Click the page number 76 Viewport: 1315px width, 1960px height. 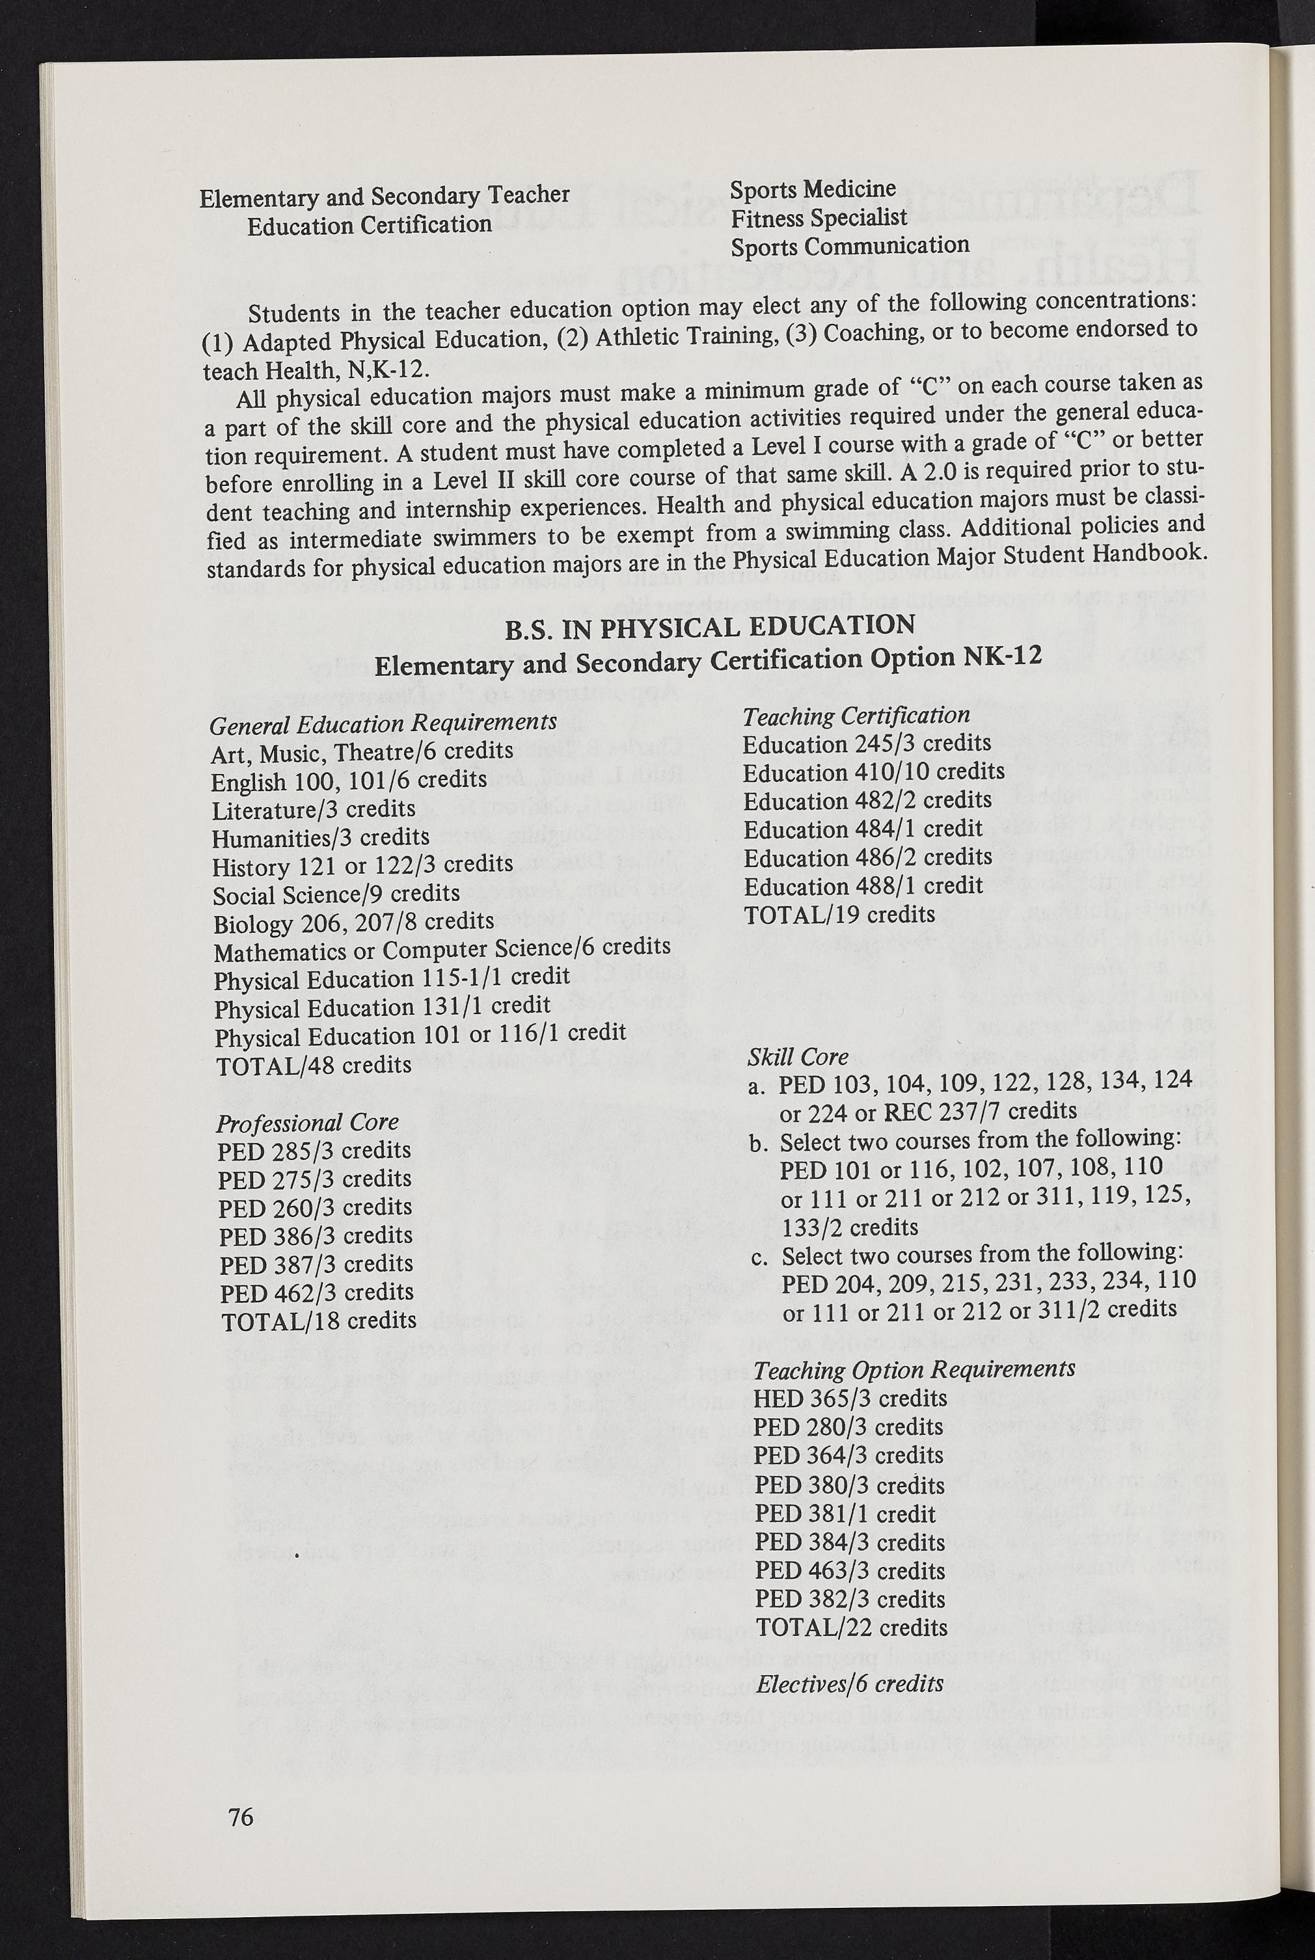click(x=240, y=1817)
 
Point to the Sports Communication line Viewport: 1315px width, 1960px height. click(x=850, y=246)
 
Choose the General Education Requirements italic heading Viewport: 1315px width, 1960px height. click(x=384, y=722)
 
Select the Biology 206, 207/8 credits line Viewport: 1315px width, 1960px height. click(x=353, y=922)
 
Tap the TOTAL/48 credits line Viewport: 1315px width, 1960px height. click(x=313, y=1065)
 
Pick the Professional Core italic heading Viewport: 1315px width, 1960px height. click(x=308, y=1122)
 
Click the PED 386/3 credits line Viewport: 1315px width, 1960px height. click(x=315, y=1235)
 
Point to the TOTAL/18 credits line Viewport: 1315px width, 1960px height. click(x=319, y=1321)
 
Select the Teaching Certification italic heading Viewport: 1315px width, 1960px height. click(x=856, y=716)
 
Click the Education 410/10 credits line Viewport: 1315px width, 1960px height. click(x=873, y=771)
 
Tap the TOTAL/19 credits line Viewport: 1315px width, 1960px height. click(x=838, y=914)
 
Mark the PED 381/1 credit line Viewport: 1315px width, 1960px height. click(x=845, y=1514)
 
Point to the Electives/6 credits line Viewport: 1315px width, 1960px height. click(x=849, y=1683)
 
